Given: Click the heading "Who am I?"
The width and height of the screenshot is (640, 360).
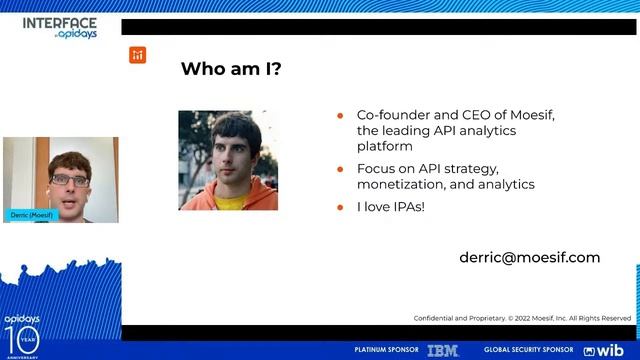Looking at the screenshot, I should (x=231, y=69).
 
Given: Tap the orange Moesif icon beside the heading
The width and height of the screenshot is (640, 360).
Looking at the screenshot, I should (x=138, y=55).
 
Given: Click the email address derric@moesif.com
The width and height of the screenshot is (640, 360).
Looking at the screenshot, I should (x=529, y=257).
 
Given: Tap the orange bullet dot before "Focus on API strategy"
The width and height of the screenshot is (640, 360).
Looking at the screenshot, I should (x=341, y=169).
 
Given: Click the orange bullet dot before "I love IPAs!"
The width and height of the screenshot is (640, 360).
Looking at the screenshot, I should (x=341, y=207).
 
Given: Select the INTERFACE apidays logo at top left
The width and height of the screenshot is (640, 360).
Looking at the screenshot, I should (x=59, y=26).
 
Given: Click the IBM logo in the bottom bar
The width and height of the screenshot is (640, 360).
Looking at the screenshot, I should (x=442, y=350).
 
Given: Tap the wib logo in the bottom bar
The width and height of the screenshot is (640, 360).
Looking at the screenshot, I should (x=603, y=350).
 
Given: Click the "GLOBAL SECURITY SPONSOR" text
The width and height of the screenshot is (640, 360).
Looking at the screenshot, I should (x=529, y=350).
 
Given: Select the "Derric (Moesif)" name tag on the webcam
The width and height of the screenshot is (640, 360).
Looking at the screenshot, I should (x=32, y=215).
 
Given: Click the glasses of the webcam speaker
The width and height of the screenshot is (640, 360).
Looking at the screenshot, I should (x=70, y=180).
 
